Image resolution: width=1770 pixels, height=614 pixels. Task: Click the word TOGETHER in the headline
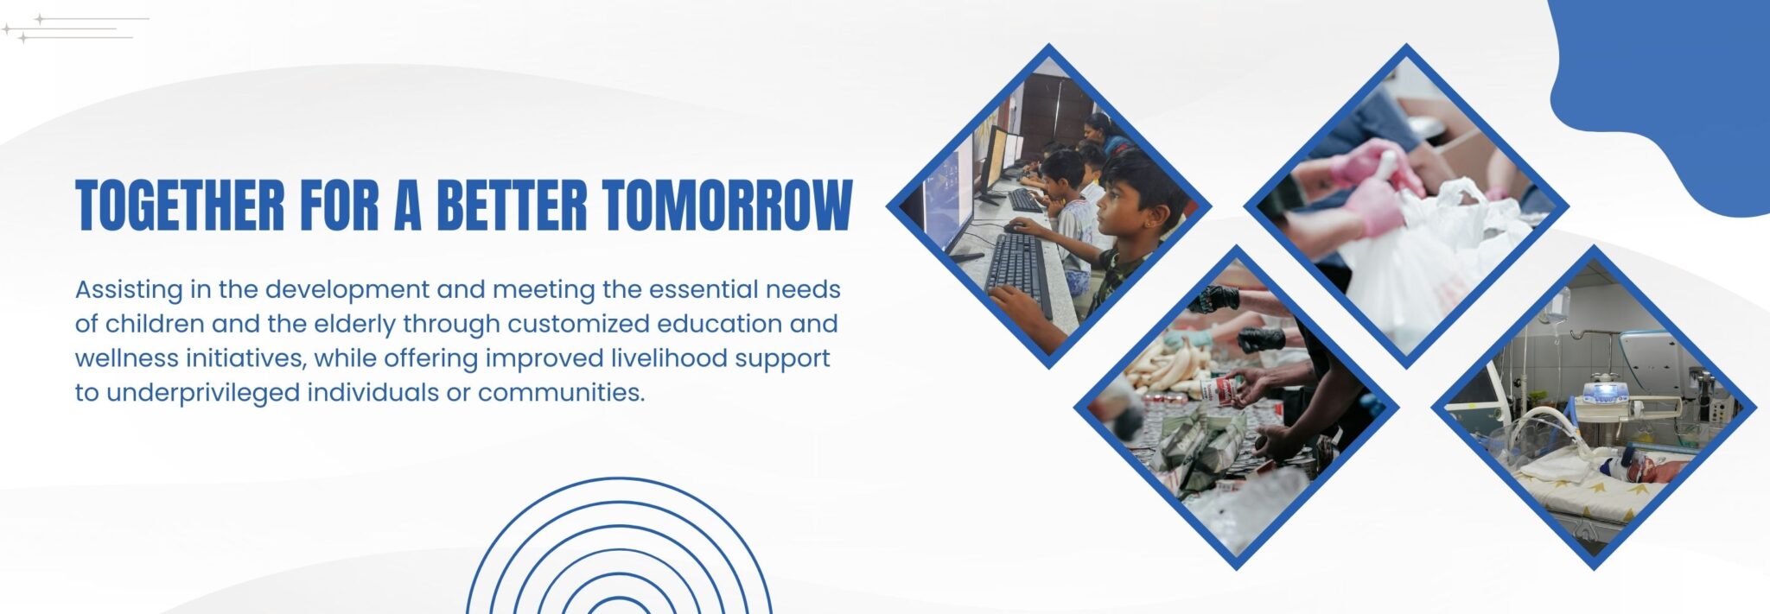180,206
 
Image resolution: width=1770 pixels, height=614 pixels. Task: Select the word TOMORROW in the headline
728,206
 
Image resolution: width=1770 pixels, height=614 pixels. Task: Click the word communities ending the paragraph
561,393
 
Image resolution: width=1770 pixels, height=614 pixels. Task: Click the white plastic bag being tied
1426,259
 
